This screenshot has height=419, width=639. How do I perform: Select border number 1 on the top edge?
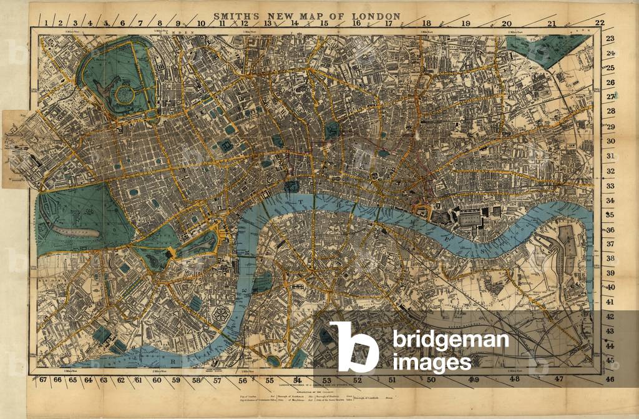[x=47, y=23]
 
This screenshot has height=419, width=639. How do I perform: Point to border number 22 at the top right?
[x=600, y=23]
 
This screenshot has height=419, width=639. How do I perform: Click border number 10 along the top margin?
[x=201, y=24]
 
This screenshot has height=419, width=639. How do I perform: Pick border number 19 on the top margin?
[x=466, y=24]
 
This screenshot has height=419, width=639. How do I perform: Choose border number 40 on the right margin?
[x=611, y=288]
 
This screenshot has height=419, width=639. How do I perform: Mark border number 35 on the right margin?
[x=611, y=215]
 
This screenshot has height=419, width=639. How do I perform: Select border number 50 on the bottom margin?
[x=431, y=379]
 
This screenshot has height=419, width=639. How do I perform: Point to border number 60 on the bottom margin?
[x=157, y=380]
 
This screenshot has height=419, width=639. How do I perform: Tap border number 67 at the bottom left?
[x=42, y=380]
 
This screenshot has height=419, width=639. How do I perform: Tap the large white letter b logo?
[x=353, y=347]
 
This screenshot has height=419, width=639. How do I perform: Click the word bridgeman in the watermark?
[x=450, y=341]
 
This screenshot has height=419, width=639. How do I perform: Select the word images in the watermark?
[x=432, y=362]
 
